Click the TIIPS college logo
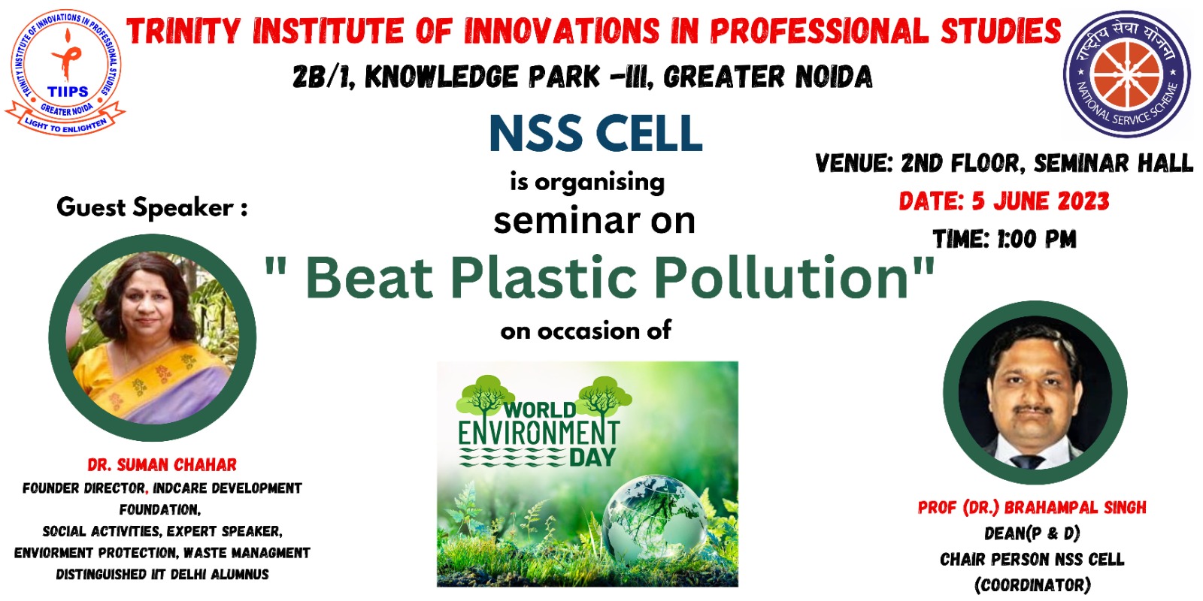(x=65, y=72)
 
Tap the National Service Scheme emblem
(x=1127, y=74)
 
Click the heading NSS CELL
(x=595, y=134)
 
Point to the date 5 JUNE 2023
(x=1041, y=202)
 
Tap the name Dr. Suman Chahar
(x=162, y=465)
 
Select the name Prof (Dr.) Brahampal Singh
(x=1032, y=508)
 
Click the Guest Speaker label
(x=152, y=207)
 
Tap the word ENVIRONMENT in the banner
(x=538, y=433)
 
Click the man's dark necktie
(x=1027, y=462)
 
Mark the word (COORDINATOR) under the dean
(x=1032, y=585)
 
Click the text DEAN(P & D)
(x=1032, y=533)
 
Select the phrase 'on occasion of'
(x=586, y=331)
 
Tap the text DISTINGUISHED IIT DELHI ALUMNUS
(x=162, y=575)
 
